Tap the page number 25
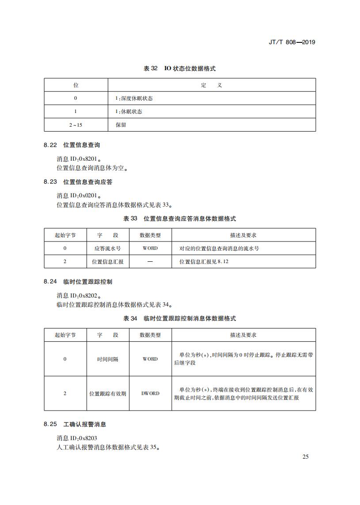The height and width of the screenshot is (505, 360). [x=305, y=456]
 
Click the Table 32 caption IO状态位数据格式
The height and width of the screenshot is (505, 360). [x=180, y=68]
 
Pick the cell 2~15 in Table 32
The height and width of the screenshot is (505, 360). [x=76, y=125]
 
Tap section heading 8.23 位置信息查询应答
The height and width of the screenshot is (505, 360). [x=78, y=181]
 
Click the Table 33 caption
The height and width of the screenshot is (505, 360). [x=180, y=219]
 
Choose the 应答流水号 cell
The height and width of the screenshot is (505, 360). [x=108, y=249]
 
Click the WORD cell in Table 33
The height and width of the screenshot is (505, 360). [x=150, y=249]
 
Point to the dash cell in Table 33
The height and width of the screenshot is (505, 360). [x=150, y=262]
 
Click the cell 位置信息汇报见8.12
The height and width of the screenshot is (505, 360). [x=204, y=262]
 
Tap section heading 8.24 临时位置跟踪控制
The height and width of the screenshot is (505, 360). [x=78, y=281]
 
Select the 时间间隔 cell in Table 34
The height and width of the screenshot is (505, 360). [x=108, y=359]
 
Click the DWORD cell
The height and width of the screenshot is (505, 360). [x=150, y=393]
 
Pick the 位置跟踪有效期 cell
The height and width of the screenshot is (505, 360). [x=108, y=393]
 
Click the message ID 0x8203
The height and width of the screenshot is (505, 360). [x=77, y=438]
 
